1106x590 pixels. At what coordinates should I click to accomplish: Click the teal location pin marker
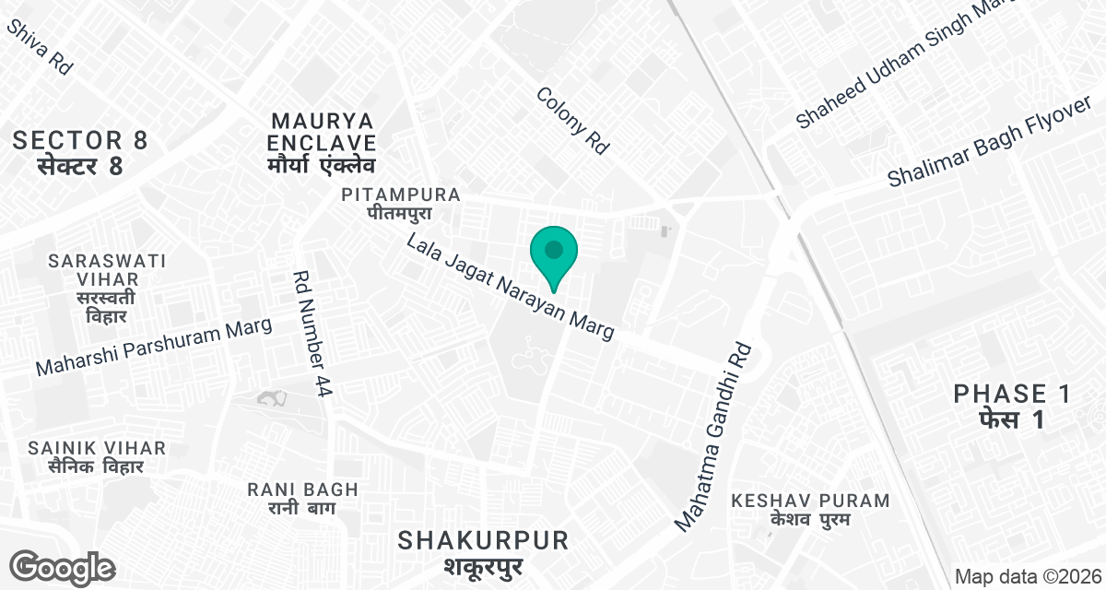[553, 254]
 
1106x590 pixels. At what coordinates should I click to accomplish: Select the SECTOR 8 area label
[80, 153]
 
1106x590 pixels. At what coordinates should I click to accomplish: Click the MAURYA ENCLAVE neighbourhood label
[323, 144]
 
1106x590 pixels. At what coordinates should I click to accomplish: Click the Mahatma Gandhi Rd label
[714, 437]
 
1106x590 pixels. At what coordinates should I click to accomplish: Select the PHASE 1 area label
[1012, 407]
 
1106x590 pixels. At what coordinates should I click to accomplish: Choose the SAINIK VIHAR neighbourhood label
[97, 457]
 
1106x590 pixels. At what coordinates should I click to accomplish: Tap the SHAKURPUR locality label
[483, 550]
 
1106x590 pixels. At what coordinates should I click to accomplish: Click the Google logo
[63, 567]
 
